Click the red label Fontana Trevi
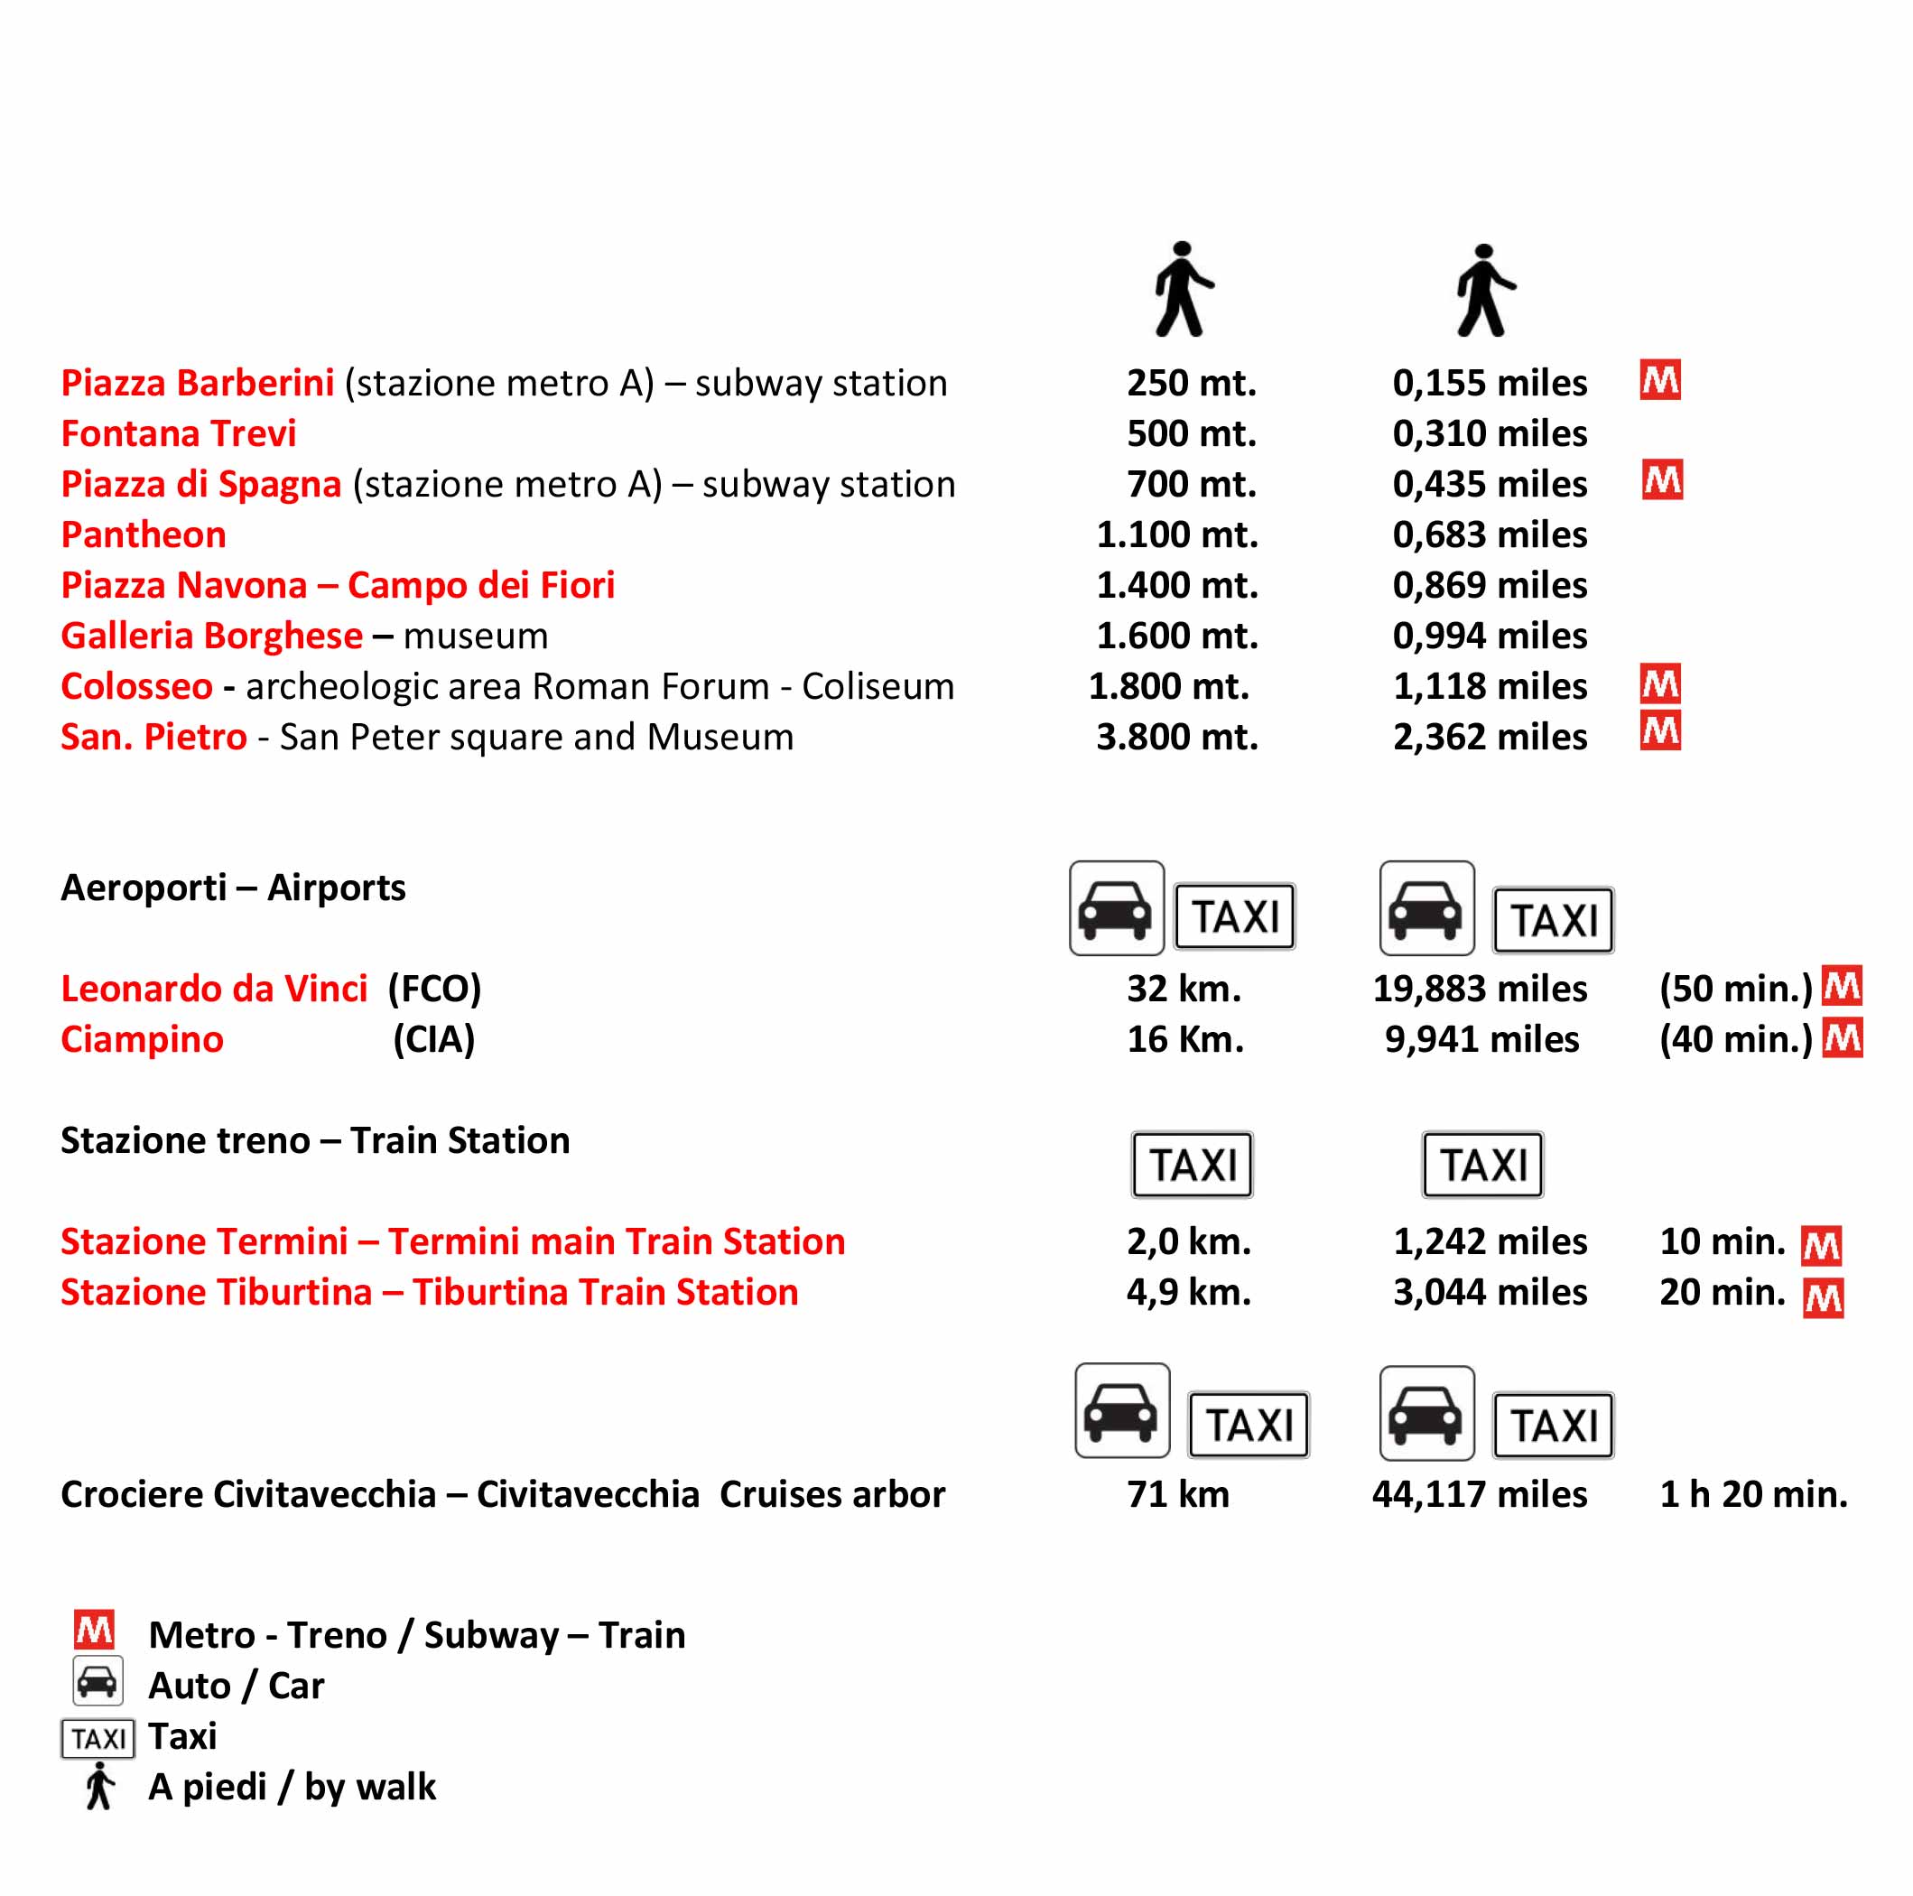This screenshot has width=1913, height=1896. [178, 433]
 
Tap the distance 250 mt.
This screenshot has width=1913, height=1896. [1190, 383]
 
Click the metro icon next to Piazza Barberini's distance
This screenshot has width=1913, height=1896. [1659, 380]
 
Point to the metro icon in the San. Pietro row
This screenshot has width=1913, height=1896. [1659, 731]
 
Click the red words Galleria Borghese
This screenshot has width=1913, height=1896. [211, 636]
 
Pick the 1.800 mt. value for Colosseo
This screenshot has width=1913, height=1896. [1168, 686]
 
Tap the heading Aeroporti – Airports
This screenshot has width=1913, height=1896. [233, 888]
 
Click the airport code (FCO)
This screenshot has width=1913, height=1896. [433, 988]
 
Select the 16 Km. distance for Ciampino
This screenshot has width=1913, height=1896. [1184, 1038]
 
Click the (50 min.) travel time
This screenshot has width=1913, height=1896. [1735, 988]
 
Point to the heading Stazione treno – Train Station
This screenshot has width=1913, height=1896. [315, 1140]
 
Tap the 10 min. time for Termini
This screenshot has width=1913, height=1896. [1722, 1241]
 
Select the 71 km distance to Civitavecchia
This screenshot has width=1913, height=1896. [1177, 1494]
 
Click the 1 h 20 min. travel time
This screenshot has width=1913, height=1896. [1752, 1494]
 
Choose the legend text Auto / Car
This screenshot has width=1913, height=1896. [236, 1685]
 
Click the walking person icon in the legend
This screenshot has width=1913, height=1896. [99, 1786]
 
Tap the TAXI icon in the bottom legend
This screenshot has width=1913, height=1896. [98, 1739]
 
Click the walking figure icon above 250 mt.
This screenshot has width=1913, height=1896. [1183, 289]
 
